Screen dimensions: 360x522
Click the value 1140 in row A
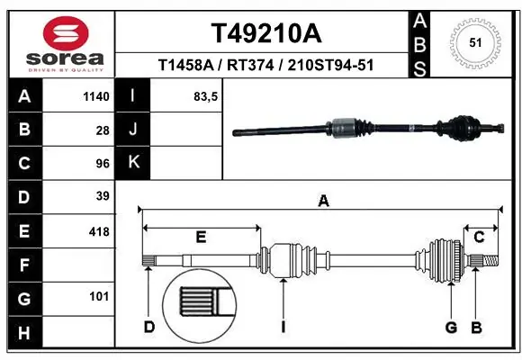click(x=95, y=96)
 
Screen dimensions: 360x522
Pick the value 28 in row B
click(x=102, y=130)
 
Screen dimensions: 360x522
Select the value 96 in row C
click(x=102, y=163)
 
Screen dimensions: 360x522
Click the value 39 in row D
click(x=102, y=196)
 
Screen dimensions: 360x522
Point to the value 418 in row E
click(x=99, y=231)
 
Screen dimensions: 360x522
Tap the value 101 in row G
click(x=99, y=296)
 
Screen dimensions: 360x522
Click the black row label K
click(x=134, y=163)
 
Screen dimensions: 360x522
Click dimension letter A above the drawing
click(x=322, y=202)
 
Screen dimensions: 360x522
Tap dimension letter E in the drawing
click(x=201, y=237)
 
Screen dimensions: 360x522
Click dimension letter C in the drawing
click(x=479, y=237)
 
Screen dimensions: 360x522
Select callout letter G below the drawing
click(x=451, y=327)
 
